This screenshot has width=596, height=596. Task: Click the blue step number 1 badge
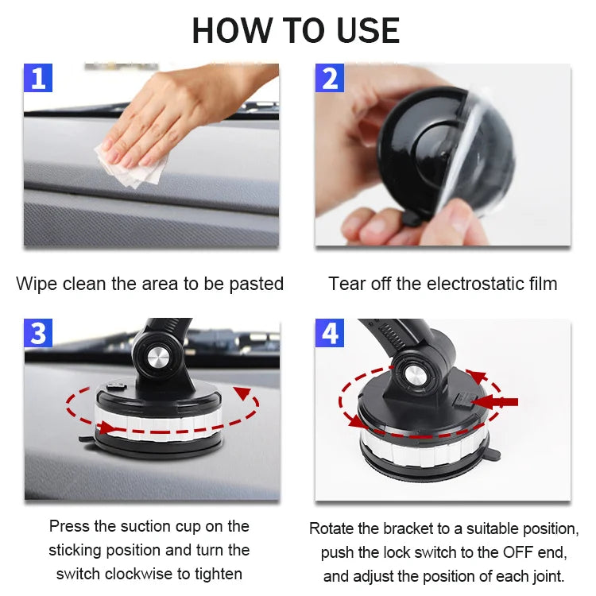click(x=38, y=78)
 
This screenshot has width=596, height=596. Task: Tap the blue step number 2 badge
click(x=329, y=78)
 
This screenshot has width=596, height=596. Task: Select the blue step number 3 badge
click(x=38, y=334)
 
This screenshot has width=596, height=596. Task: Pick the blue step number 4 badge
click(x=329, y=334)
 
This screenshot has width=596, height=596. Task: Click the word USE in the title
click(x=368, y=30)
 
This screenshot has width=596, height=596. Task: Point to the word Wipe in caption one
click(x=36, y=284)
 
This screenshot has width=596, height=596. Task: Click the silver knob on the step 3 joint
click(x=157, y=358)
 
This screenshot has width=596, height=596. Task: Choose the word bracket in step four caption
click(x=413, y=528)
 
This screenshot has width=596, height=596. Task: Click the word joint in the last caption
click(x=548, y=575)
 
